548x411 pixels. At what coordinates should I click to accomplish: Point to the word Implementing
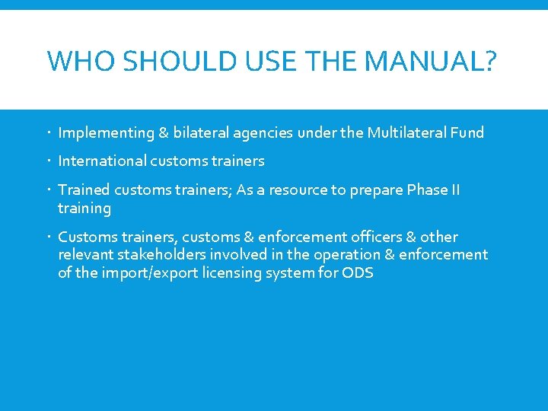tap(106, 133)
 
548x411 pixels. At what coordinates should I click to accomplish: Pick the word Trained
tap(84, 190)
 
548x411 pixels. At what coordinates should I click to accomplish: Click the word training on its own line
tap(84, 208)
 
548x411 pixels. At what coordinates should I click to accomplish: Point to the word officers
tap(371, 237)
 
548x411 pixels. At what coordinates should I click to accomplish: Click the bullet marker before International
tap(49, 161)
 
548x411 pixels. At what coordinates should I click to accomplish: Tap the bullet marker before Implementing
tap(49, 133)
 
